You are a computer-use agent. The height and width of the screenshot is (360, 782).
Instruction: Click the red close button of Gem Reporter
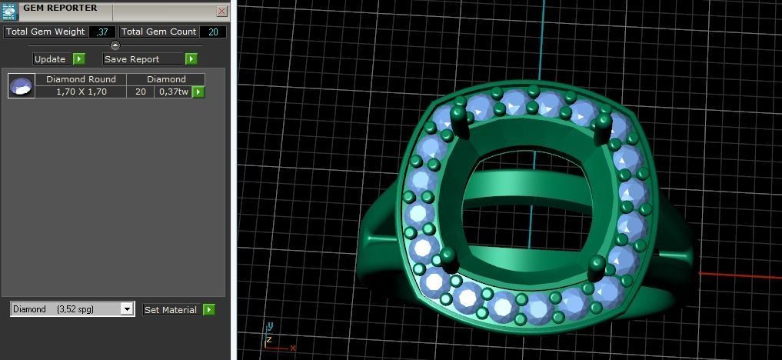(221, 12)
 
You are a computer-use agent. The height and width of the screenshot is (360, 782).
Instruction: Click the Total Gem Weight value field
(102, 32)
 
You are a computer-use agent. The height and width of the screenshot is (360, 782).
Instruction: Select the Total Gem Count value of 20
(213, 32)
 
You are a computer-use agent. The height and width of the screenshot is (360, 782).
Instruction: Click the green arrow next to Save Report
(191, 59)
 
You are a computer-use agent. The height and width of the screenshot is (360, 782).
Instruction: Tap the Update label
(50, 59)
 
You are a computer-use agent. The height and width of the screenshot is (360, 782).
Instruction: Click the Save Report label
(132, 59)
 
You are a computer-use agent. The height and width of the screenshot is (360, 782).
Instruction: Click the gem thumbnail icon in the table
(22, 85)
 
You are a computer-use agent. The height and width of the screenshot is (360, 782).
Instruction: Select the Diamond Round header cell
(81, 79)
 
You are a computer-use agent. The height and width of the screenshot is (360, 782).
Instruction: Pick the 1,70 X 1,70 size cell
(81, 92)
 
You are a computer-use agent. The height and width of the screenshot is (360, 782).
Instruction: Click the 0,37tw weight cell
(173, 92)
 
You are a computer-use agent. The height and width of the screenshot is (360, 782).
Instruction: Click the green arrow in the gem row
(198, 92)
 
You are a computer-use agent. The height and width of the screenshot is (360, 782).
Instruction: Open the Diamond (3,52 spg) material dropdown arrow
(127, 309)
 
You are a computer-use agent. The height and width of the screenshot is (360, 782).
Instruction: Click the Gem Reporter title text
(60, 8)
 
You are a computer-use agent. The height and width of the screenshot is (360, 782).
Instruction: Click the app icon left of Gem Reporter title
(9, 11)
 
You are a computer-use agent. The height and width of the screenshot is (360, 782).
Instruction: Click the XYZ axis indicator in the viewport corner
(275, 337)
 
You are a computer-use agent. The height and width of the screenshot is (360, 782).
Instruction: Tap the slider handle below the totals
(115, 45)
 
